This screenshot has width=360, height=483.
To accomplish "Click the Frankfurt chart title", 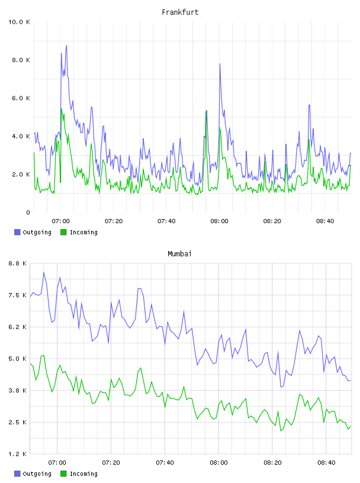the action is point(180,12).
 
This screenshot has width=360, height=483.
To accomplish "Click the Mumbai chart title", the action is point(179,254).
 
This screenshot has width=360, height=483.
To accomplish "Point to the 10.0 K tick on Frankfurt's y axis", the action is point(19,22).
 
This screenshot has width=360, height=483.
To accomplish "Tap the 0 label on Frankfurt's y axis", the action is point(28,212).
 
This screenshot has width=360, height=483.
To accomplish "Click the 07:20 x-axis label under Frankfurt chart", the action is point(114,221).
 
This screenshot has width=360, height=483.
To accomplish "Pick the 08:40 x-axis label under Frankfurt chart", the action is point(325,221).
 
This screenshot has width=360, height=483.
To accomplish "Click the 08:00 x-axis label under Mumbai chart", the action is point(218,462).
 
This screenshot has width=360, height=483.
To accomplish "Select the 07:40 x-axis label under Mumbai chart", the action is point(165,462).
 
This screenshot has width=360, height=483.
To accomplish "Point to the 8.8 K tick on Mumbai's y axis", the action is point(17,263).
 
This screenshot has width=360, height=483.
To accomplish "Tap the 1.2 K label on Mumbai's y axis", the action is point(17,454).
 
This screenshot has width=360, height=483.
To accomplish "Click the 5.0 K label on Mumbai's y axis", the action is point(17,359).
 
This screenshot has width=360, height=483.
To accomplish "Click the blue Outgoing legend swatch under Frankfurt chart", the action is point(17,232).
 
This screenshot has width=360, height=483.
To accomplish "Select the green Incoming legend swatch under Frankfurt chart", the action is point(63,232).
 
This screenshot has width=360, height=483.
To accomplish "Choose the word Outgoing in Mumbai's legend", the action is point(37,474).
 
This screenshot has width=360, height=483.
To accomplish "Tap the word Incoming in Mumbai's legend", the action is point(83,474).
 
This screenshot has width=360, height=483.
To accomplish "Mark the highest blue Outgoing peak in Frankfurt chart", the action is point(66,45).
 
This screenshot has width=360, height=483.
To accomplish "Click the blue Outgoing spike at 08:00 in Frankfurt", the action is point(220,64).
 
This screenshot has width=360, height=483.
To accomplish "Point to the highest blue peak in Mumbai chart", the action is point(44,272).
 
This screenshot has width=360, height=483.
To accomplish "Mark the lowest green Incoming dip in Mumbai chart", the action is point(281,431).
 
